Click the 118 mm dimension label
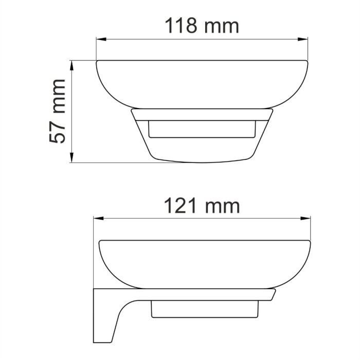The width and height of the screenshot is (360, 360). [201, 25]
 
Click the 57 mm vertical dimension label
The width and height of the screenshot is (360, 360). [58, 111]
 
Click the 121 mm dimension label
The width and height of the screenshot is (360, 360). [202, 206]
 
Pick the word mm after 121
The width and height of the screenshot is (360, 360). [222, 206]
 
